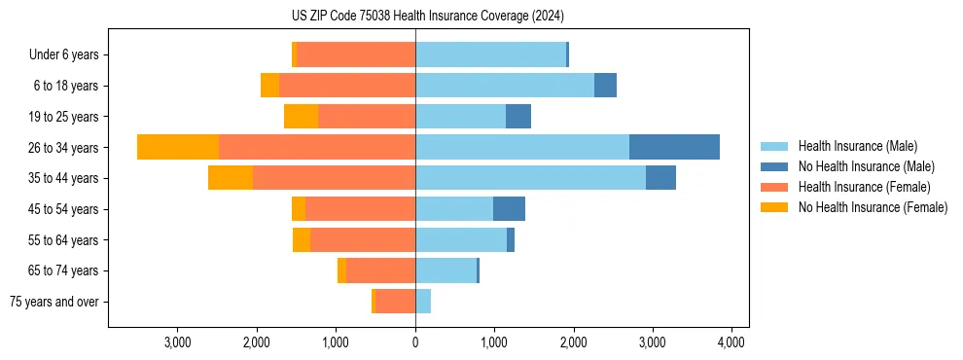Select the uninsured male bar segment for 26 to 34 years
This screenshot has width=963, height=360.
point(674,147)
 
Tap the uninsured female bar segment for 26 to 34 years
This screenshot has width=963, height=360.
point(178,147)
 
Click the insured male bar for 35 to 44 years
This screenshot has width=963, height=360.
point(530,178)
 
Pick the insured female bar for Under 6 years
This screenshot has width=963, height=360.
point(356,54)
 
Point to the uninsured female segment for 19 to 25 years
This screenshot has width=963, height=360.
point(301,117)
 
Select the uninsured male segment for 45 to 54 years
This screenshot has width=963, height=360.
point(509,209)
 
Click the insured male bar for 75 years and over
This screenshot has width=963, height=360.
point(423,302)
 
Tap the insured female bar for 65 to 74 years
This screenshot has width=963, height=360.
point(380,270)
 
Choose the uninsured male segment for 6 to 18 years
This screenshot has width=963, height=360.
point(605,86)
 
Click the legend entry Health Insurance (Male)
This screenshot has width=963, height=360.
point(857,146)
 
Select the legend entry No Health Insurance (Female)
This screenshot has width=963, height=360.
point(873,207)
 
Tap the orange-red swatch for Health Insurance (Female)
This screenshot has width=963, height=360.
point(774,187)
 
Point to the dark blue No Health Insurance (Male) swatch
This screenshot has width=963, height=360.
point(774,166)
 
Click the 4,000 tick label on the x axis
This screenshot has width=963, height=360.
point(731,342)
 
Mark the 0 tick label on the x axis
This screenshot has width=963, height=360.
point(415,342)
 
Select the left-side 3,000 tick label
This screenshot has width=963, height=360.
point(178,342)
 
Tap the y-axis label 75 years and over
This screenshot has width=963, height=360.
point(54,302)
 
